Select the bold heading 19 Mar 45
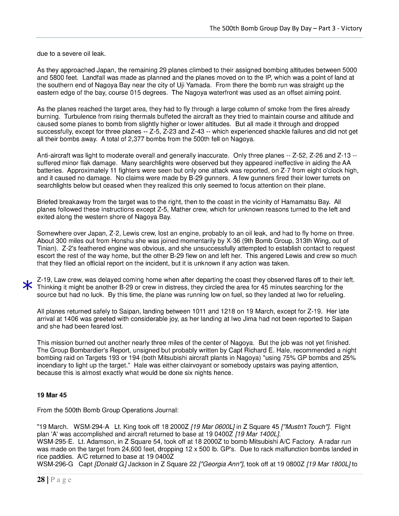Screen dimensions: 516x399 pyautogui.click(x=52, y=395)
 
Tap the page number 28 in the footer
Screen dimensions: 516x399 pyautogui.click(x=41, y=480)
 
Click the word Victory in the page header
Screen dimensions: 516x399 pyautogui.click(x=351, y=28)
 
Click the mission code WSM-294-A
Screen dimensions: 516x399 pyautogui.click(x=91, y=427)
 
